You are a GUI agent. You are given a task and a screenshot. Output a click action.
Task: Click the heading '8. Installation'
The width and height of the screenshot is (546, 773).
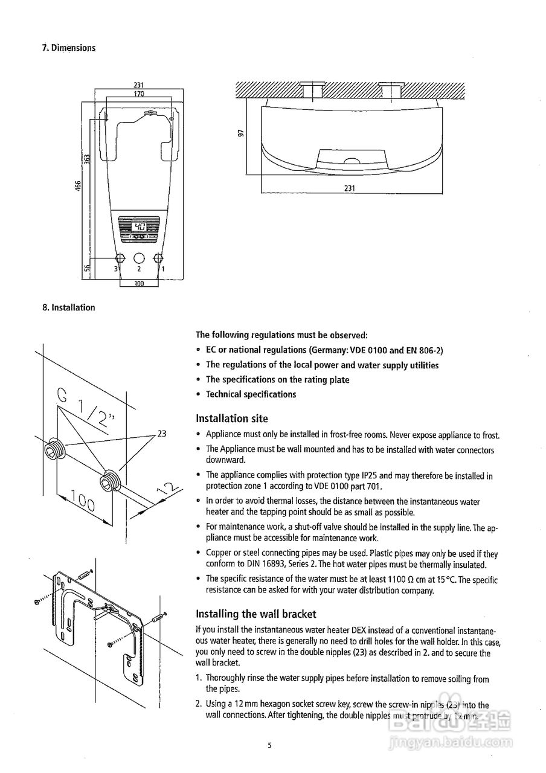pyautogui.click(x=69, y=307)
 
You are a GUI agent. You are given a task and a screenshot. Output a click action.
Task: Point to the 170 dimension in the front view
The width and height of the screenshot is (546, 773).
pyautogui.click(x=138, y=94)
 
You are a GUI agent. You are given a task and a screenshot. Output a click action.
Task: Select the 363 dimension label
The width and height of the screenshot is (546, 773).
pyautogui.click(x=87, y=159)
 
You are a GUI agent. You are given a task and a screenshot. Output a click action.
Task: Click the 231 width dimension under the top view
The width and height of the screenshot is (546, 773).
pyautogui.click(x=349, y=188)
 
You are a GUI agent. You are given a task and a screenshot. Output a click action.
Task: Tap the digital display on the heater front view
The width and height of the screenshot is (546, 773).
pyautogui.click(x=138, y=228)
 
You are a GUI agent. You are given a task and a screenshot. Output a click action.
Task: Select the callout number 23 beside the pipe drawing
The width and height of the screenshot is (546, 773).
pyautogui.click(x=161, y=433)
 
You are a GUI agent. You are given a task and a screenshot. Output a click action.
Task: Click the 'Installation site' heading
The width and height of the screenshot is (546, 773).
pyautogui.click(x=232, y=419)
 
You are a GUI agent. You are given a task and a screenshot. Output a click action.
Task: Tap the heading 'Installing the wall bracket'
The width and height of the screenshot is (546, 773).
pyautogui.click(x=256, y=614)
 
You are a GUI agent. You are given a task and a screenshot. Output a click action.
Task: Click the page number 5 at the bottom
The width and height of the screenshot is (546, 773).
pyautogui.click(x=270, y=746)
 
